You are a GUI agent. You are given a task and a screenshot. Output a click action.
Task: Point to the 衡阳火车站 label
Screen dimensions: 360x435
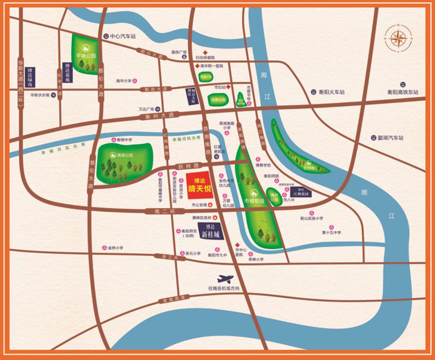pos(332,92)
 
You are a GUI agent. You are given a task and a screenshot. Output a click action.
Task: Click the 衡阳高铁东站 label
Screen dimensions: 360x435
pos(403,92)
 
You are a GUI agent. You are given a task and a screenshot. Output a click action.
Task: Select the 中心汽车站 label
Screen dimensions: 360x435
pos(122,36)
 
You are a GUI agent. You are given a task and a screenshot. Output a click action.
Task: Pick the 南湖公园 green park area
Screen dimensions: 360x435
pos(124,159)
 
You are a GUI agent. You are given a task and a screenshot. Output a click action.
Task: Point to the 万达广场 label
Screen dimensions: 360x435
pos(146,109)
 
